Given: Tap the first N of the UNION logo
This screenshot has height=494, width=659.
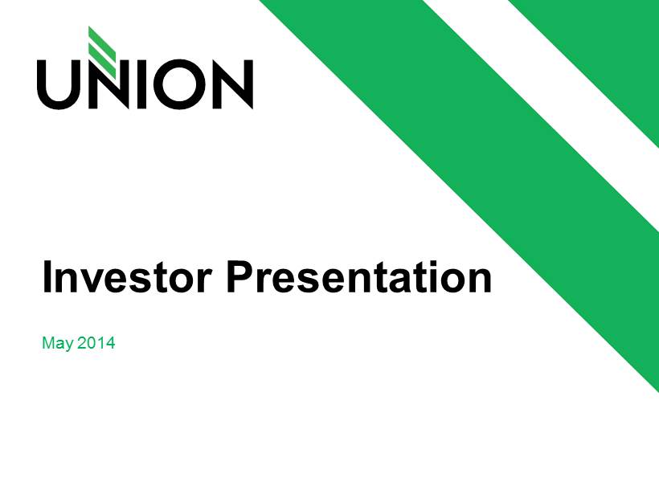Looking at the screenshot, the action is tap(102, 84).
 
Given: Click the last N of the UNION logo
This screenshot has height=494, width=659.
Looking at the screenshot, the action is tap(233, 84).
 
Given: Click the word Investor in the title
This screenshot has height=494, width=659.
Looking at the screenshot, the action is tap(126, 277).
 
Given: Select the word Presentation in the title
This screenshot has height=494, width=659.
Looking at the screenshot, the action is tap(359, 276).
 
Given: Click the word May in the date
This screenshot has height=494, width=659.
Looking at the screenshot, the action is tap(58, 344).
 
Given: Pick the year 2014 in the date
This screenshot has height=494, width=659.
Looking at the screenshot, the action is tap(96, 342).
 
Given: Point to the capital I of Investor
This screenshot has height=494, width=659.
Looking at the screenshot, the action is tap(47, 276).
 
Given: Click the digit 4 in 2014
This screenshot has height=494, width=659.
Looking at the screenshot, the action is tap(110, 342).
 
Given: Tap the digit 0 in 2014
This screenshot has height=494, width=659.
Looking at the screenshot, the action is tap(92, 342).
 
